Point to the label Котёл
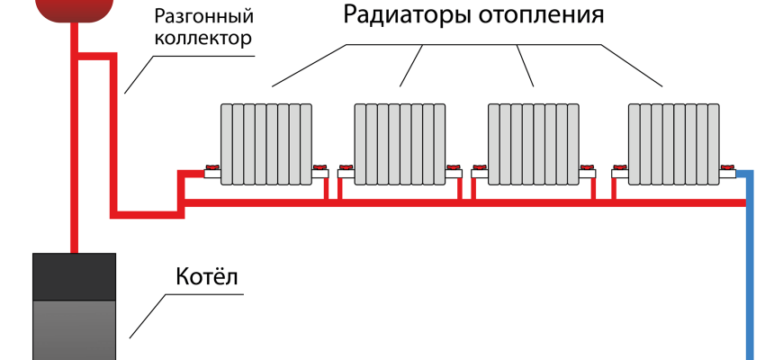pyautogui.click(x=206, y=276)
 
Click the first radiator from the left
pyautogui.click(x=266, y=144)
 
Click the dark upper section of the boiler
pyautogui.click(x=75, y=275)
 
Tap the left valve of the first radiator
pyautogui.click(x=212, y=168)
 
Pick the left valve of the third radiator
pyautogui.click(x=481, y=168)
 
